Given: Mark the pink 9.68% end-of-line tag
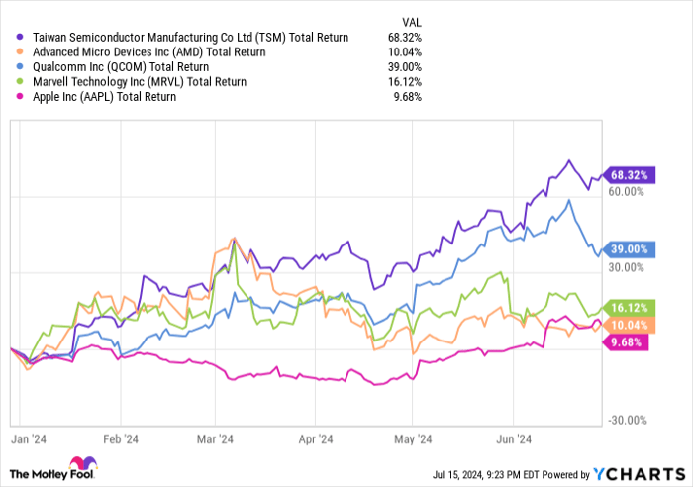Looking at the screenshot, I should pyautogui.click(x=628, y=342).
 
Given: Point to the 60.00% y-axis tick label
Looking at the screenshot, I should pyautogui.click(x=627, y=194).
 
